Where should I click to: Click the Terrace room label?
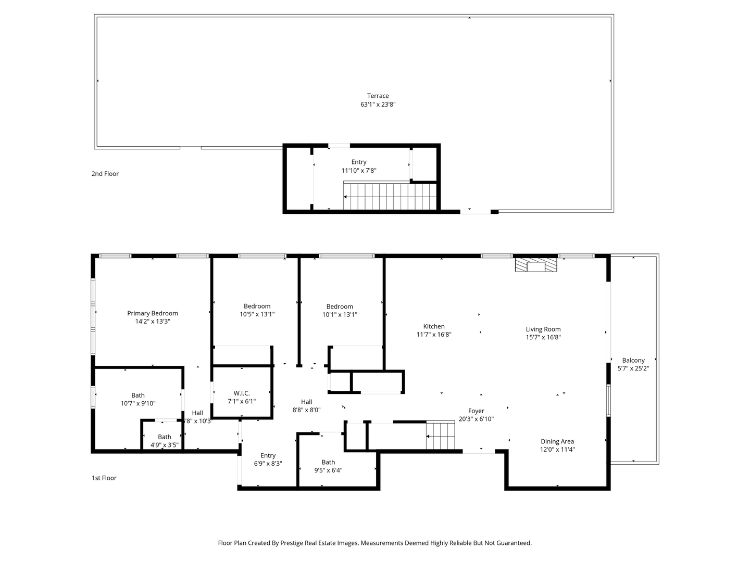pyautogui.click(x=378, y=96)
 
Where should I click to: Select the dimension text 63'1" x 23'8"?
pyautogui.click(x=378, y=104)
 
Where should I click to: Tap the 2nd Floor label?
pyautogui.click(x=105, y=174)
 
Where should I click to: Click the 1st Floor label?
pyautogui.click(x=104, y=478)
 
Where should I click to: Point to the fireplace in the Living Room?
pyautogui.click(x=536, y=266)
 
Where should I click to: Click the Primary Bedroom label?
pyautogui.click(x=153, y=313)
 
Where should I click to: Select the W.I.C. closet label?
pyautogui.click(x=242, y=393)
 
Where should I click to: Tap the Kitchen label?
pyautogui.click(x=434, y=327)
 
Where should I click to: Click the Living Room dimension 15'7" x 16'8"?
pyautogui.click(x=543, y=337)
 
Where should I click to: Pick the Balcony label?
pyautogui.click(x=633, y=360)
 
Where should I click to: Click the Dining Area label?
pyautogui.click(x=557, y=441)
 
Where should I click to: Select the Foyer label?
pyautogui.click(x=476, y=411)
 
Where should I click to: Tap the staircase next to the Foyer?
pyautogui.click(x=441, y=436)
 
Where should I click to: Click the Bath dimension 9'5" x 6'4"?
pyautogui.click(x=328, y=470)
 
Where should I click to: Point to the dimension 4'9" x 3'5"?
pyautogui.click(x=165, y=445)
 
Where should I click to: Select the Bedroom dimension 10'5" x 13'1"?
pyautogui.click(x=257, y=314)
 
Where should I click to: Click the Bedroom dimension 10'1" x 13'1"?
pyautogui.click(x=340, y=314)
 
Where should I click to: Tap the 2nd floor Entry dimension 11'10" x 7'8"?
pyautogui.click(x=359, y=170)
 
